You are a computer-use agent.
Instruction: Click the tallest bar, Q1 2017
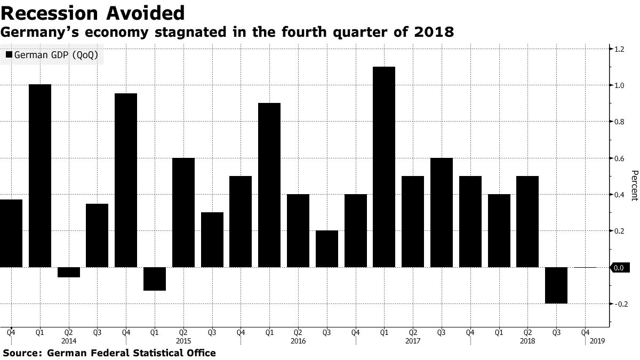(384, 166)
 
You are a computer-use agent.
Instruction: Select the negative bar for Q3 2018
(556, 285)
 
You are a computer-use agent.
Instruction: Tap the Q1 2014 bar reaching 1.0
(40, 175)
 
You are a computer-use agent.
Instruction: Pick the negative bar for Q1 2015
(155, 278)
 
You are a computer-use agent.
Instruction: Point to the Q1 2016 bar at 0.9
(269, 185)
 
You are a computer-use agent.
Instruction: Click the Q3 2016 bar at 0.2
(326, 249)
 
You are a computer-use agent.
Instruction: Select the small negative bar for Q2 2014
(69, 272)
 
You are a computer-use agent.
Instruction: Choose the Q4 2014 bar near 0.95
(126, 180)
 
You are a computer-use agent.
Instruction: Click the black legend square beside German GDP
(9, 55)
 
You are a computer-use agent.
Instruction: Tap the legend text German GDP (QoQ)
(56, 55)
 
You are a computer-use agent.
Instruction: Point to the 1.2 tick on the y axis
(619, 49)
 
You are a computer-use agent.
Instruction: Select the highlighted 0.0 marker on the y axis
(618, 268)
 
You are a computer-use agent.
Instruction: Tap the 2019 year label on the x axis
(597, 340)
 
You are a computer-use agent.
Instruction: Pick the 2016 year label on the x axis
(298, 340)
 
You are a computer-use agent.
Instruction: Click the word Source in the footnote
(21, 353)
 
